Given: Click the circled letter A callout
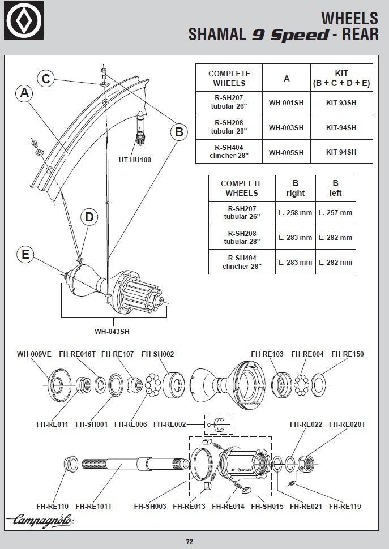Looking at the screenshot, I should coord(24,93).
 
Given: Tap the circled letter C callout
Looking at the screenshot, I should coord(46,79).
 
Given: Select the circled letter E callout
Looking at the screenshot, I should coord(25,254).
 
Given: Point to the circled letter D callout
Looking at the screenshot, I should coord(89,216).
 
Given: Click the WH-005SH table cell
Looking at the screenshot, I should coord(286,152).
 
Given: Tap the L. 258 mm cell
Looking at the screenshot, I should coord(295,213).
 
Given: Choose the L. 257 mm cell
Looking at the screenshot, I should coord(335,213).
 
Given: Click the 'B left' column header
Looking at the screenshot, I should coord(335,188).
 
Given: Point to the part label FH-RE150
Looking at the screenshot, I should coord(348,354).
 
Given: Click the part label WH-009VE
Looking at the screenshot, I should coord(34,354).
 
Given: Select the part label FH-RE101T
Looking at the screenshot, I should coord(94,506).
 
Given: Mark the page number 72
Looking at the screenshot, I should coord(190,542).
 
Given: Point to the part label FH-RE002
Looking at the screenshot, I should coord(170,423).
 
